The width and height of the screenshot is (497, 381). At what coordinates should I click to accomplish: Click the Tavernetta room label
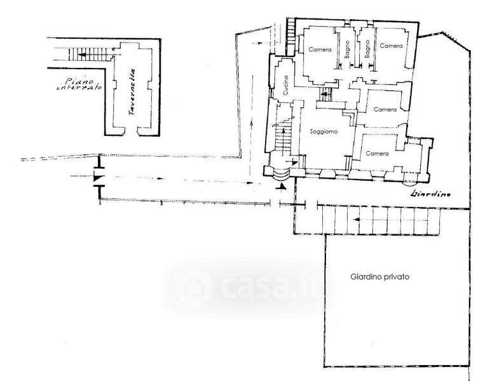click(132, 91)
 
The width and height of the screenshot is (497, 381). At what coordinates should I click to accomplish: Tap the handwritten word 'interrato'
click(79, 87)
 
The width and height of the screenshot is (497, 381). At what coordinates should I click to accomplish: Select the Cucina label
click(286, 85)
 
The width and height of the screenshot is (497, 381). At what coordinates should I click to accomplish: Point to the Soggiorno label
click(323, 131)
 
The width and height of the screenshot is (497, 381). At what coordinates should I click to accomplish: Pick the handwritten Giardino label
click(430, 194)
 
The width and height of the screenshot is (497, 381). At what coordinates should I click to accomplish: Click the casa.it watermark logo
click(248, 288)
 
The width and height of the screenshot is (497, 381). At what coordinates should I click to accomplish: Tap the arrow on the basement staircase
click(84, 55)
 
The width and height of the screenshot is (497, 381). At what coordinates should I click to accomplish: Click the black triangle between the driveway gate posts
click(99, 176)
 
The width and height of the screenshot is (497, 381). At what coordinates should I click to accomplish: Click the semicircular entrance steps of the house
click(282, 173)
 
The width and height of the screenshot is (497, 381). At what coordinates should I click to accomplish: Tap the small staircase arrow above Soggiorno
click(324, 94)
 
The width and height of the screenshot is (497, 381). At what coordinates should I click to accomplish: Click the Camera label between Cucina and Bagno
click(320, 50)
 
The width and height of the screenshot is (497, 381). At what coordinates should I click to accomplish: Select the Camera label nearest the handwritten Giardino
click(377, 153)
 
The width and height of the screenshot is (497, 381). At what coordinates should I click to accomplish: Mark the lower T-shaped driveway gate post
click(100, 192)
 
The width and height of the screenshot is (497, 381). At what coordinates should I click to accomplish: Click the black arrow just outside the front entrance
click(282, 187)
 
